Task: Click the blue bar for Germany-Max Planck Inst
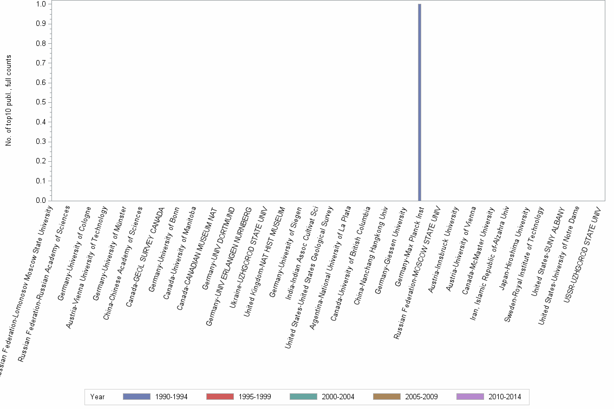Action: click(420, 102)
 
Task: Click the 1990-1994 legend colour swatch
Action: click(136, 397)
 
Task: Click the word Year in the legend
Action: click(98, 397)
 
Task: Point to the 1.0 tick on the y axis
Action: click(41, 4)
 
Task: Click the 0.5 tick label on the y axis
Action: click(41, 102)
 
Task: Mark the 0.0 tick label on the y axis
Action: click(41, 201)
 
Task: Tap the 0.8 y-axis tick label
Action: click(41, 43)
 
